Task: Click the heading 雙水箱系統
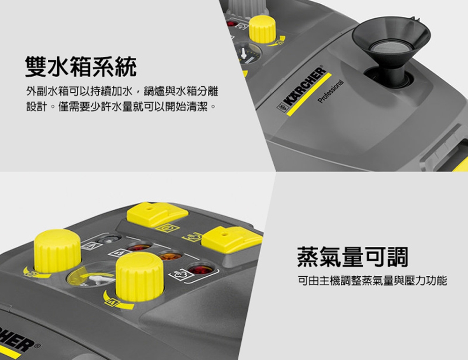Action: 80,67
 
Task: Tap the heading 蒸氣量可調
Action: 352,257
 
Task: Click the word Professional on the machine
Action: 331,92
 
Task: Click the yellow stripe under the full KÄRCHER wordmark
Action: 309,95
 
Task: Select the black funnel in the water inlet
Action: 391,42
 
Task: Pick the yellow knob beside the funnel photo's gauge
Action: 262,29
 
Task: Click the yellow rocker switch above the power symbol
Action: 157,213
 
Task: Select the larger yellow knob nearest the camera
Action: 139,276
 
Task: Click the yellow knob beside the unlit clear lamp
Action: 58,250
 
